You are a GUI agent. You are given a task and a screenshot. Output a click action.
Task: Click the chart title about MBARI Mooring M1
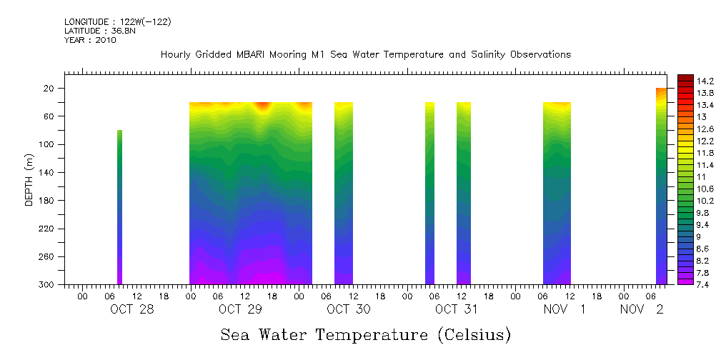point(365,55)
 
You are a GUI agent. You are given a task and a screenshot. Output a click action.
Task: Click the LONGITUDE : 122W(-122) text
point(118,22)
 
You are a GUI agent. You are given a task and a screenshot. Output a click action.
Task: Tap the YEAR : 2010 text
point(90,40)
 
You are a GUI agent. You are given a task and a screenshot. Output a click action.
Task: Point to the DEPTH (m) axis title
point(29,179)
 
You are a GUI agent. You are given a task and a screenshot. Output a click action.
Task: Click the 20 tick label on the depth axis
point(50,89)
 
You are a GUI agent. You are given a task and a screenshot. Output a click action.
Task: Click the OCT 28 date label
point(131,309)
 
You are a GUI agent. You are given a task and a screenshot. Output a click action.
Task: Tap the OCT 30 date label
point(348,309)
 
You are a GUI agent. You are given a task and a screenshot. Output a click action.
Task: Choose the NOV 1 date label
point(565,309)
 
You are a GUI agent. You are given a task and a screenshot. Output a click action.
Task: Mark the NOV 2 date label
point(642,309)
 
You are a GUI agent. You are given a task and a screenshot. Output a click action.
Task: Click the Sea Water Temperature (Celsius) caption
point(365,334)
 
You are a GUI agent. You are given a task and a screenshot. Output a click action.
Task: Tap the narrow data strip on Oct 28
point(120,207)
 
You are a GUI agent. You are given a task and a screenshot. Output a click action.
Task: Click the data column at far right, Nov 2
point(661,186)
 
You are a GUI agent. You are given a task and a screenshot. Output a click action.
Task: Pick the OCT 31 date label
point(456,309)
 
